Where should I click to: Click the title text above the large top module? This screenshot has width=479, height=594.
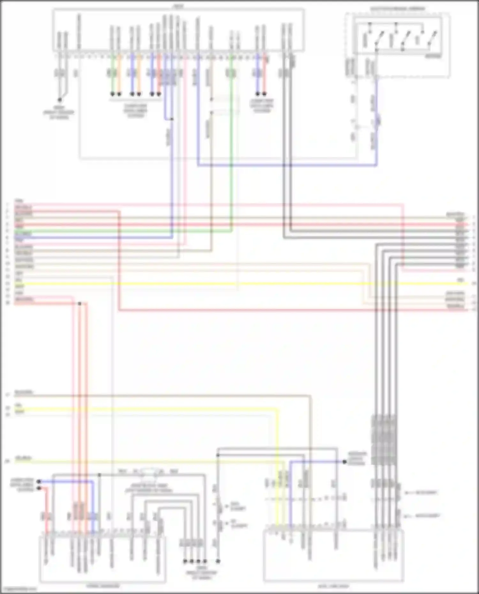pos(178,6)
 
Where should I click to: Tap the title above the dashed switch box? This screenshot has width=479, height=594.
pos(398,9)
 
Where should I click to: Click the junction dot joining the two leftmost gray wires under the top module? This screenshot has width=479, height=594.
pos(59,100)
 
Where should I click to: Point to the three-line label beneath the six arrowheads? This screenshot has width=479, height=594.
pos(135,110)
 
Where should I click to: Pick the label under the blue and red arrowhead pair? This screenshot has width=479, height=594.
pos(262,106)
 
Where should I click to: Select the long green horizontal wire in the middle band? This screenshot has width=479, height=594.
pos(128,231)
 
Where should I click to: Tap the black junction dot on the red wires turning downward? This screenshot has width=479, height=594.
pos(80,304)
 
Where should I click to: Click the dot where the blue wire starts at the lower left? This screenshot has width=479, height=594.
pos(39,481)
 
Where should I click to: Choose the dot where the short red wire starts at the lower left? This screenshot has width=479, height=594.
pos(39,488)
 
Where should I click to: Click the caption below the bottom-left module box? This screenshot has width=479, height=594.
pos(103,586)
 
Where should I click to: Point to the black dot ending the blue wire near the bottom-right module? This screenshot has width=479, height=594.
pos(345,462)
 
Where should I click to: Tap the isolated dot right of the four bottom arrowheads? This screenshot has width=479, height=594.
pos(218,561)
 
